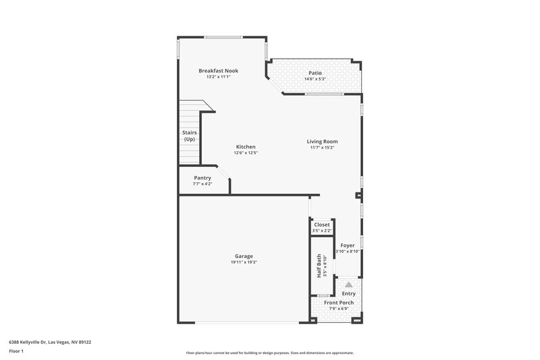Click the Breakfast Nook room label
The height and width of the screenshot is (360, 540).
[x=218, y=71]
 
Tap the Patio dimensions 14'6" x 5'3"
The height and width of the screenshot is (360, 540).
[x=315, y=80]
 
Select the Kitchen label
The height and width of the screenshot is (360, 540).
[x=246, y=147]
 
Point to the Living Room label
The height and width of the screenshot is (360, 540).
[x=322, y=141]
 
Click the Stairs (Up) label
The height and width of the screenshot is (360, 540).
[x=190, y=136]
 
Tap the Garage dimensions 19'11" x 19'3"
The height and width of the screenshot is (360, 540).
[x=244, y=262]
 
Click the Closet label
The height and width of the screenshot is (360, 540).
[x=322, y=224]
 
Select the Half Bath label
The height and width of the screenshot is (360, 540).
[x=319, y=266]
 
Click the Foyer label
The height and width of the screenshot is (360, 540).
[x=348, y=245]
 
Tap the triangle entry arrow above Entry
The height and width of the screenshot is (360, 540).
[x=349, y=285]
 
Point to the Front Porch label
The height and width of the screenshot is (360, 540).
[x=339, y=303]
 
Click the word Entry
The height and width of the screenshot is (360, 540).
[x=349, y=294]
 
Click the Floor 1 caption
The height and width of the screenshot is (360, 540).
[x=16, y=351]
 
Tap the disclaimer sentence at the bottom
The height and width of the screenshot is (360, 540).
[x=270, y=353]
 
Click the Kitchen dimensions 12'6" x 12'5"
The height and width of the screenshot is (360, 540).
[x=246, y=153]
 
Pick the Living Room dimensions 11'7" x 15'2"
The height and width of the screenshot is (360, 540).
[x=322, y=148]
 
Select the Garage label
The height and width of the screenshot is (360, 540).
[x=244, y=256]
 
